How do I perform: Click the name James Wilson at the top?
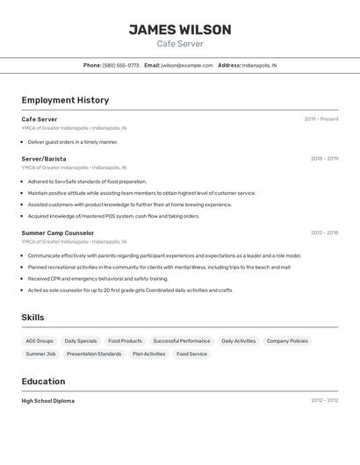tap(180, 30)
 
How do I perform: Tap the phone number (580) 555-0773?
tap(121, 65)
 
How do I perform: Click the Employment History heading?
tap(65, 100)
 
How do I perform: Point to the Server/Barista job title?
tap(44, 159)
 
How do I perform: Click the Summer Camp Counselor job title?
tap(58, 233)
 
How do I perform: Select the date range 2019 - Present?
tap(321, 119)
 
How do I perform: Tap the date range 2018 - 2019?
tap(324, 159)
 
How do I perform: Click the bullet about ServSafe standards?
tap(87, 182)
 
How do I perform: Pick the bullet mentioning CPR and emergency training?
tap(97, 278)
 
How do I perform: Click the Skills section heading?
tap(32, 318)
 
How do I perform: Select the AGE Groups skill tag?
tap(40, 340)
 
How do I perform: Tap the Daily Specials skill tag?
tap(81, 340)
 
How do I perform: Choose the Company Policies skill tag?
tap(287, 340)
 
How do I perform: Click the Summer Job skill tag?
tap(40, 354)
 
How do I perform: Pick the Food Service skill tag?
tap(191, 354)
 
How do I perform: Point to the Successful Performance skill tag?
tap(182, 340)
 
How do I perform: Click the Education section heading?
tap(43, 382)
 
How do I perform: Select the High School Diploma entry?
tap(48, 401)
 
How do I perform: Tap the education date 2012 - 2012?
tap(324, 401)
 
